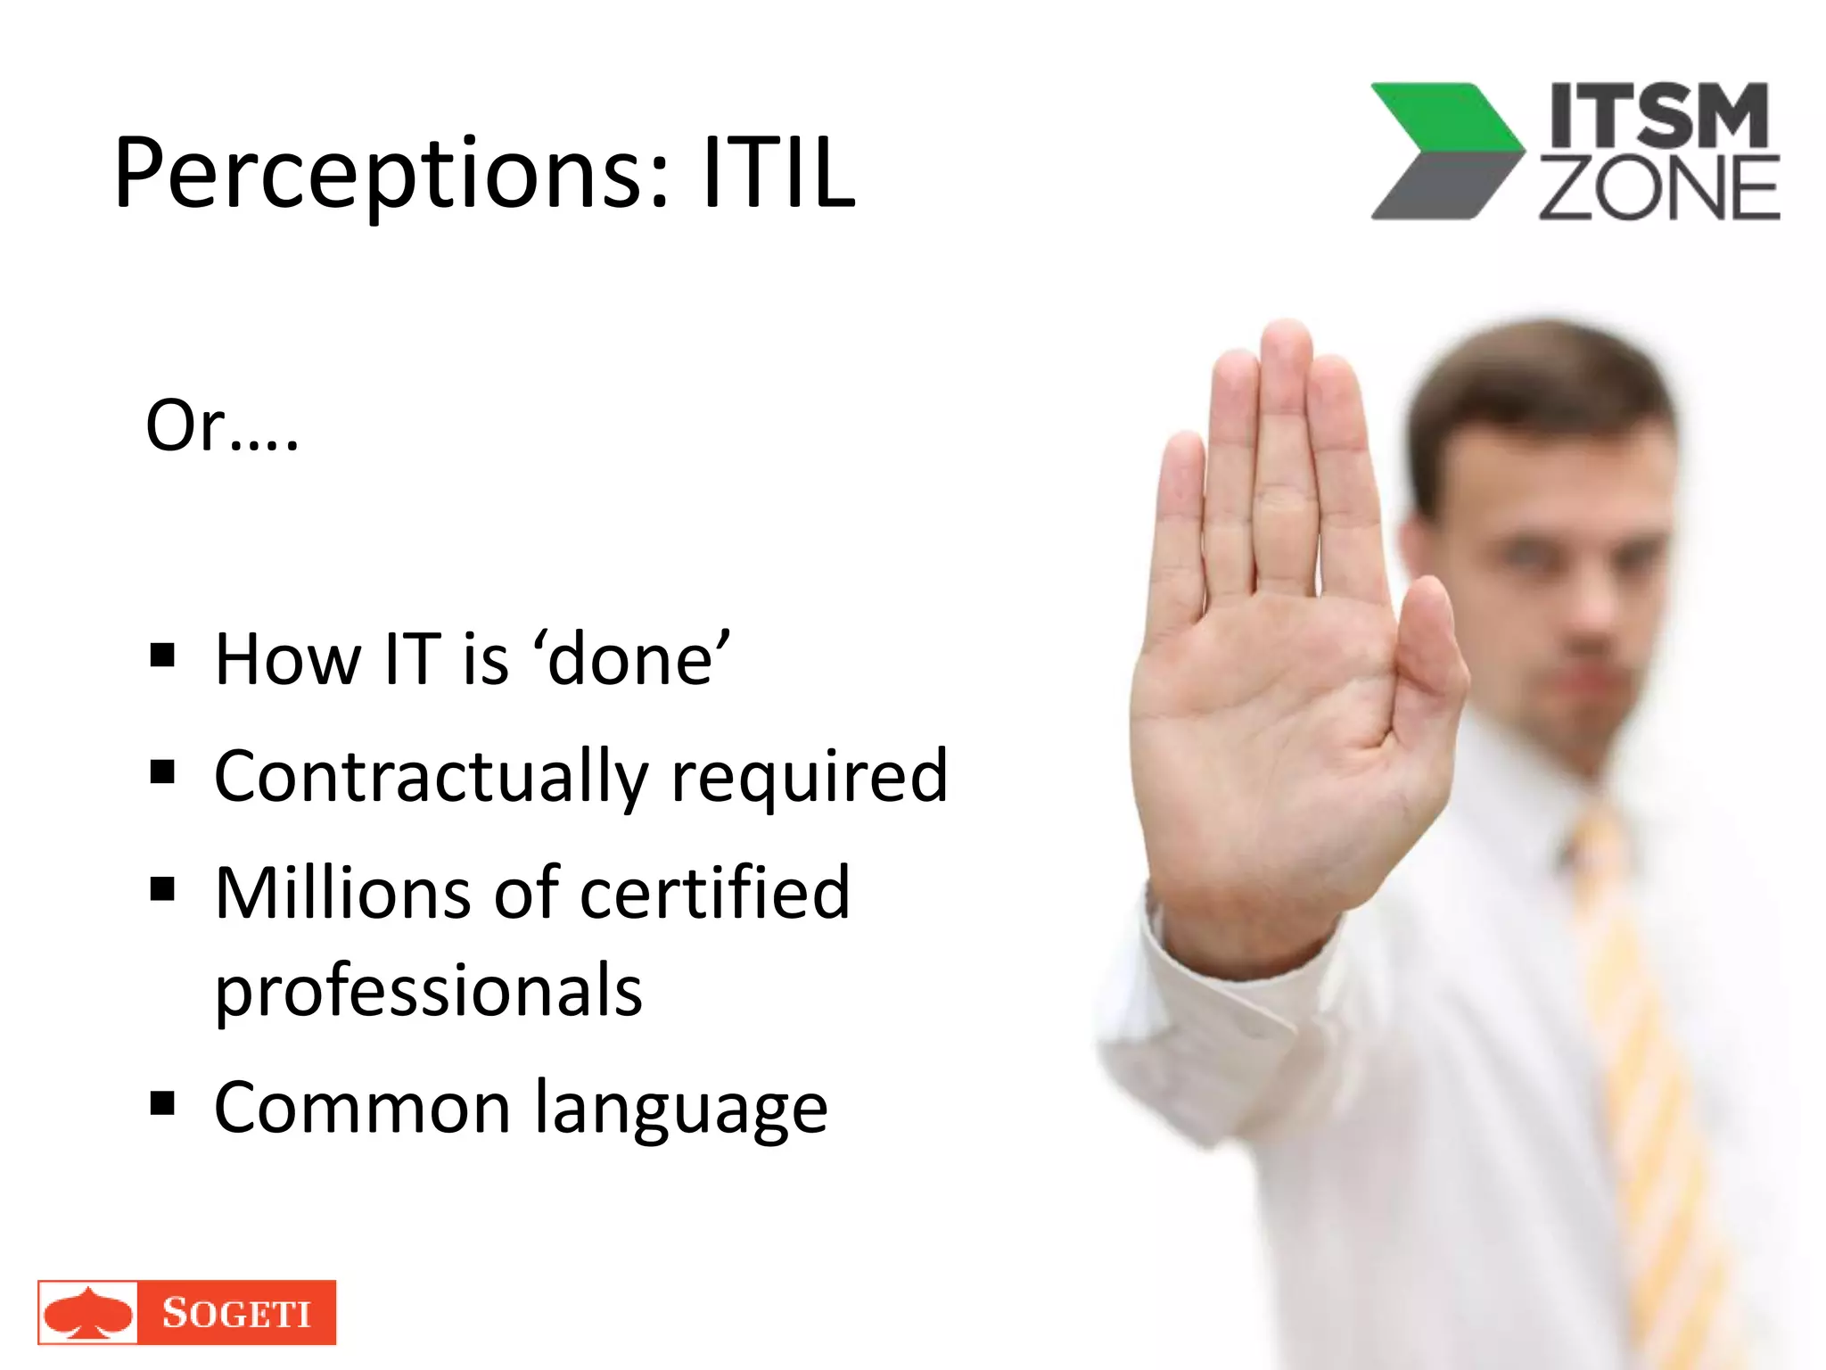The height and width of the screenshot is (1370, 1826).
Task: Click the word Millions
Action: click(x=344, y=893)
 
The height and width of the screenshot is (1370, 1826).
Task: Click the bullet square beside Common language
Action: click(x=162, y=1104)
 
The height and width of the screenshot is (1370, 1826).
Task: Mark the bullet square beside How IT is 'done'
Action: click(x=162, y=656)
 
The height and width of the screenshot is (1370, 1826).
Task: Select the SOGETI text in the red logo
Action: click(x=236, y=1313)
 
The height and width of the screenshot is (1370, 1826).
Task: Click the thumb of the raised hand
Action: click(x=1427, y=651)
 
